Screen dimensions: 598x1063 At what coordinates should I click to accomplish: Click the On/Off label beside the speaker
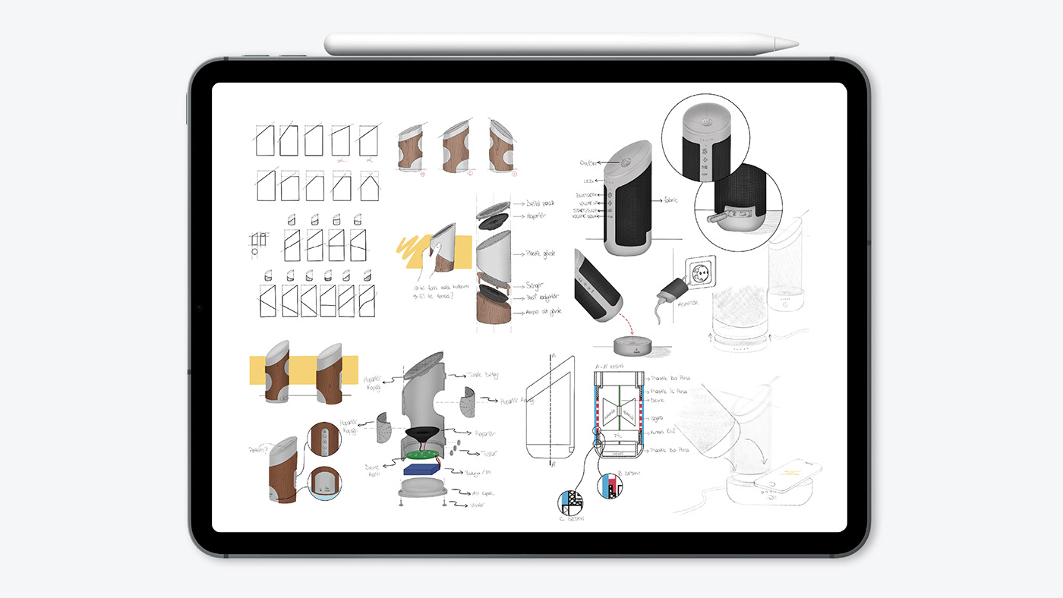click(588, 162)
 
